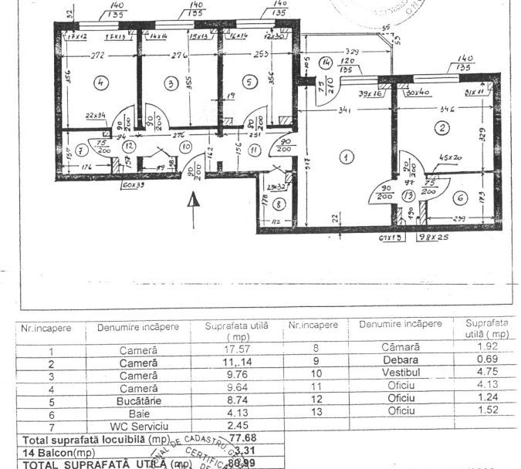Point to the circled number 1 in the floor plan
(x=347, y=157)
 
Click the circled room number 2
(x=441, y=128)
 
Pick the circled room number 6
(x=461, y=197)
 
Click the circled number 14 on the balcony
(x=326, y=61)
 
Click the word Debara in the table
(x=400, y=363)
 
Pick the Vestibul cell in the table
(x=400, y=376)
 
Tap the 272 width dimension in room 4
(x=98, y=56)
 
